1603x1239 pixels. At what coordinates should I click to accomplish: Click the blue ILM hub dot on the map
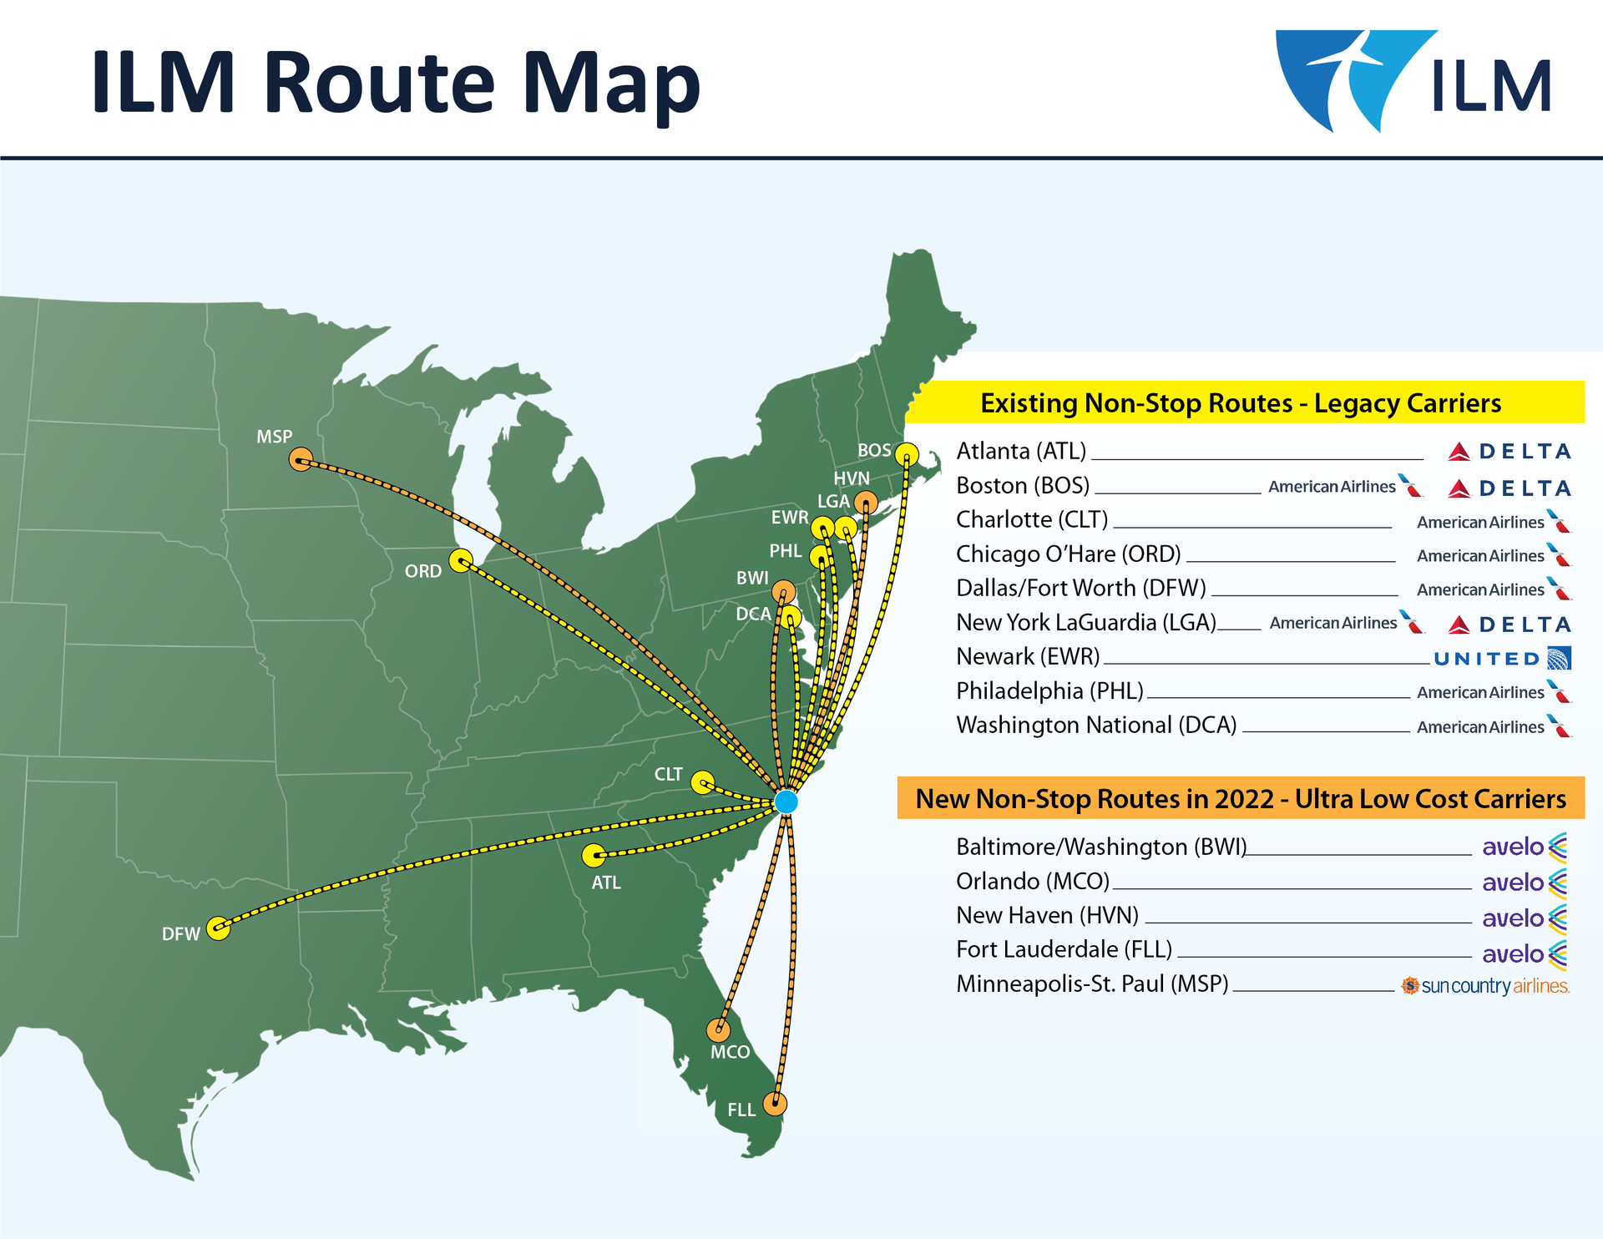pos(786,802)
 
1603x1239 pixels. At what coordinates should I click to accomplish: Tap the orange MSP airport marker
pos(301,459)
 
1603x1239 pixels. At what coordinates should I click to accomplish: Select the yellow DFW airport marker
pos(218,928)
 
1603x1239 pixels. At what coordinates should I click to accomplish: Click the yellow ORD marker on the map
pos(460,560)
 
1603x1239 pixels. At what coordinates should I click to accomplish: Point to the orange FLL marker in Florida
pos(775,1104)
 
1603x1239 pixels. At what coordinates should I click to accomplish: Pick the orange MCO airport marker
pos(718,1030)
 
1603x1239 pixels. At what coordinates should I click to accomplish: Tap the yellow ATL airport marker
pos(594,855)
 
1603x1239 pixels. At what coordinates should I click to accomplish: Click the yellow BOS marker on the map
pos(907,455)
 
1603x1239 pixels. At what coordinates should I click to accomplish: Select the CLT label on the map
pos(668,775)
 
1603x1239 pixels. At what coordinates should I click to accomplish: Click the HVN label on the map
pos(852,478)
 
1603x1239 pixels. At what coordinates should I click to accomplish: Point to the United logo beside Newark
pos(1502,659)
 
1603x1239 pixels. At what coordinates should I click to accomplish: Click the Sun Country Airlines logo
pos(1485,986)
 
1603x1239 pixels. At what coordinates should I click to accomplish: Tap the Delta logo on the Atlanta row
pos(1509,452)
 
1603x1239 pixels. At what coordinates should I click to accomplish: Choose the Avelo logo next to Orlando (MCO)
pos(1525,882)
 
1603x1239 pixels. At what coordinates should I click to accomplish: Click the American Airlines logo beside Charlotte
pos(1494,522)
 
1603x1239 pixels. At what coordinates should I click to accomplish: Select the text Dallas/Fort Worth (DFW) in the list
pos(1081,589)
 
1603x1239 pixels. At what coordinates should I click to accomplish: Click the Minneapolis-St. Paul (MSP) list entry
pos(1092,984)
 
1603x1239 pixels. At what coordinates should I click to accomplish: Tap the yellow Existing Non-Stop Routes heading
pos(1241,403)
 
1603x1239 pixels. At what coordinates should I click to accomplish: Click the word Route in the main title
pos(380,83)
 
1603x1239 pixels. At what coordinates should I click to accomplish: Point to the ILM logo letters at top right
pos(1491,86)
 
